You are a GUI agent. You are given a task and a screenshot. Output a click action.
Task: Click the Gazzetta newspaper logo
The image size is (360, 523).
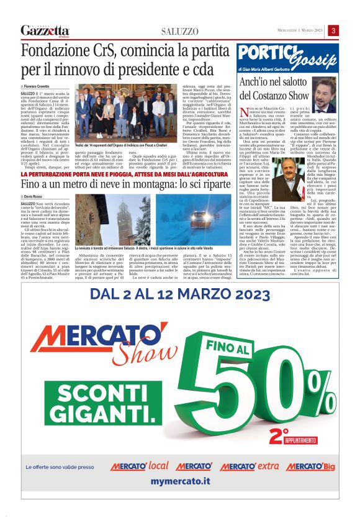tap(45, 30)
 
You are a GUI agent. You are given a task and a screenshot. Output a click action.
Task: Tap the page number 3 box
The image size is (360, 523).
tap(333, 30)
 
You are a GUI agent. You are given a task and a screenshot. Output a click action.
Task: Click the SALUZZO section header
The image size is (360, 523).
tap(179, 31)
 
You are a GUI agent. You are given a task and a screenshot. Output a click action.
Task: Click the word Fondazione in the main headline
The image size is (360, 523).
tap(56, 52)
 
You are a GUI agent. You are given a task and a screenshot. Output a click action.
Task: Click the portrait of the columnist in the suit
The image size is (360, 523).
tap(323, 96)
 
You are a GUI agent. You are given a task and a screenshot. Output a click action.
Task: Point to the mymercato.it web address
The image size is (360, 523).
tap(180, 481)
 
